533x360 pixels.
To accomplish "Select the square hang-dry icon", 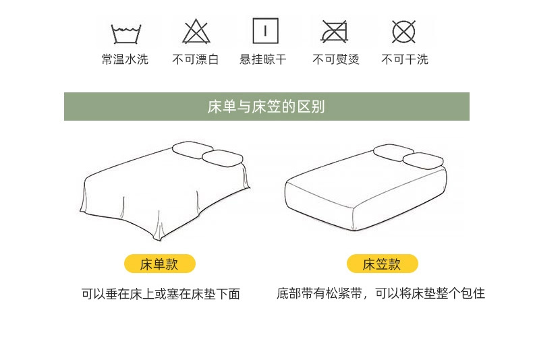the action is click(x=265, y=31).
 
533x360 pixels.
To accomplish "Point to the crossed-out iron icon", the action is click(x=335, y=32).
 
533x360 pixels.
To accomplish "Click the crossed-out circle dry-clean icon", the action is click(x=404, y=31).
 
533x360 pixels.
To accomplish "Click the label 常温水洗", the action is click(x=125, y=59).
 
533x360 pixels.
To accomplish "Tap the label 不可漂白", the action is click(x=196, y=59).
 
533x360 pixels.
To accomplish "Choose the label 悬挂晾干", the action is click(x=263, y=59).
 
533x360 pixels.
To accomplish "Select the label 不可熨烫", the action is click(x=336, y=59).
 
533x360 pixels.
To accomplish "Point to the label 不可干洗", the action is click(x=405, y=59).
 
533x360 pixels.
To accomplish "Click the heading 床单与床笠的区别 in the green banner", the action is click(x=266, y=107).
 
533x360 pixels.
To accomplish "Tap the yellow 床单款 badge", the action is click(x=160, y=264).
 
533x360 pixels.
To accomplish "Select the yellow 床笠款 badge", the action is click(x=383, y=264).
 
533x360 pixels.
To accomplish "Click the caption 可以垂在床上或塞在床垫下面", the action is click(x=161, y=294).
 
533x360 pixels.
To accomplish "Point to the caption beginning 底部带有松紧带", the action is click(x=381, y=293).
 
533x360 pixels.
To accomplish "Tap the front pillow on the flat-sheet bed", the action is click(x=223, y=158).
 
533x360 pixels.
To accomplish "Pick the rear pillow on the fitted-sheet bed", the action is click(x=393, y=152).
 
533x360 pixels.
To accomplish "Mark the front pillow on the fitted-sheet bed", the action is click(x=423, y=161).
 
